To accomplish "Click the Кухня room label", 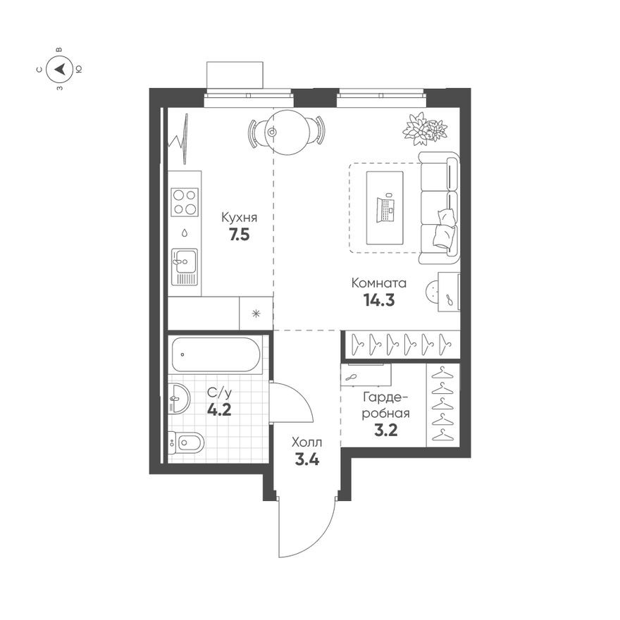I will (239, 217).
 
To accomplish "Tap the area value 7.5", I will (239, 235).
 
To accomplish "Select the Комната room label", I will (380, 283).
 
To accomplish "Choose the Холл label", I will (307, 443).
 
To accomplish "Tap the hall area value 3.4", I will (307, 461).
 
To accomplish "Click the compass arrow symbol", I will (61, 69).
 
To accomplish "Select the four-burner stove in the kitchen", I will (185, 201).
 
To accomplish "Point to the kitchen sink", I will (184, 261).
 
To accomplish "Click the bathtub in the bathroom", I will (216, 354).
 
